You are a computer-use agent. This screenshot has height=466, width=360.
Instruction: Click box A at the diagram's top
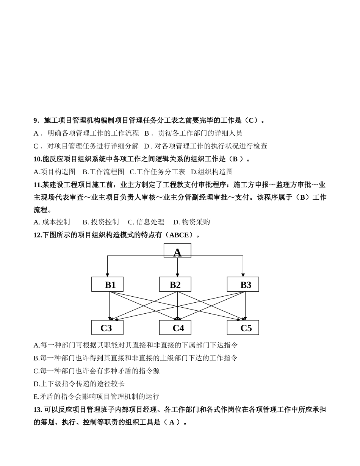(177, 251)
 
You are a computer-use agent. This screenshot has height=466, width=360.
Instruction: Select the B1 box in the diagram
(107, 284)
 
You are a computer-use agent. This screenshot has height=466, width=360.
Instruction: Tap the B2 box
(175, 284)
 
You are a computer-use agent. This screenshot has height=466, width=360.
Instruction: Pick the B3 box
(243, 284)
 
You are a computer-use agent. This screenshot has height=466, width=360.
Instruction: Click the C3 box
(107, 327)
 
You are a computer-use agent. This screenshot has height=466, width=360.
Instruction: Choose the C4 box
(175, 327)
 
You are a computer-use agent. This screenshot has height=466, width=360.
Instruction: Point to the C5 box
(243, 327)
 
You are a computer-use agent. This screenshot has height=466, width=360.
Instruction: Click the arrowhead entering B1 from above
(107, 275)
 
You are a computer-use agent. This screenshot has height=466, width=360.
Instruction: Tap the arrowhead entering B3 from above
(243, 275)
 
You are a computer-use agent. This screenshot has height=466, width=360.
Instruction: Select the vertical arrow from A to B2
(177, 267)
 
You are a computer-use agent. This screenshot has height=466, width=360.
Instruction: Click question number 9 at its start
(36, 120)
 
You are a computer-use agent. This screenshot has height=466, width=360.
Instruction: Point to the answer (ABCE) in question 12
(181, 235)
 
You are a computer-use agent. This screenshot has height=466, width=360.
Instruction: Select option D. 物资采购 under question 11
(191, 222)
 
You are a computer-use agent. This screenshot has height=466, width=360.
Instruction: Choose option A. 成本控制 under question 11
(52, 222)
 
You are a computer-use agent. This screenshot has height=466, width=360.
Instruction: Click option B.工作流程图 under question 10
(103, 172)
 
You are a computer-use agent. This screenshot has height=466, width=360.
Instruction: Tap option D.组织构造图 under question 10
(212, 172)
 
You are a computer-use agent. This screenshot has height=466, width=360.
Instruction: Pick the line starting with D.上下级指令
(79, 384)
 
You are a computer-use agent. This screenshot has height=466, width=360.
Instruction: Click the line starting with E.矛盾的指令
(96, 397)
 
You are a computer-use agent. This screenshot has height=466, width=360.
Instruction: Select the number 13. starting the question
(38, 410)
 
